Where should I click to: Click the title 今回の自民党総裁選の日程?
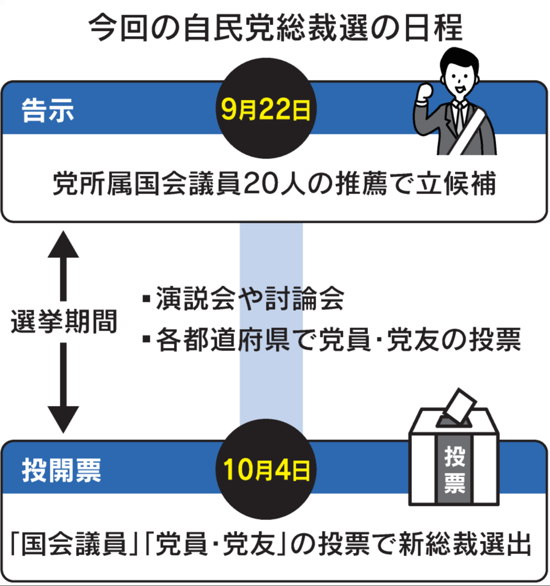[x=275, y=28]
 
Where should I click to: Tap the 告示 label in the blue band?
[x=48, y=110]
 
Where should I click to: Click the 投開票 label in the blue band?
[x=62, y=470]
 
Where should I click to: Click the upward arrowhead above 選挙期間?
[x=63, y=244]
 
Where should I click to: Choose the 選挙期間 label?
[x=63, y=322]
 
